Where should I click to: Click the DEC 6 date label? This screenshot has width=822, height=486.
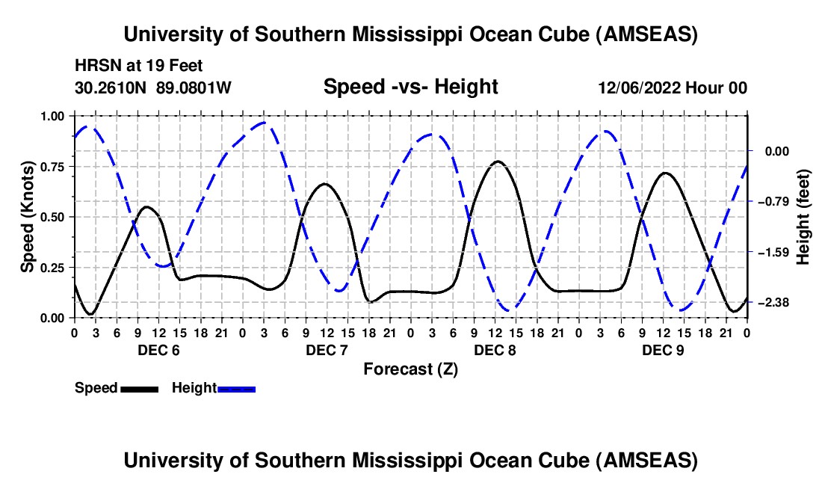(x=158, y=350)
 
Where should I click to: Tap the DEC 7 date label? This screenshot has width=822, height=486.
(x=326, y=350)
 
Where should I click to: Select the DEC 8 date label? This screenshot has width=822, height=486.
(x=494, y=350)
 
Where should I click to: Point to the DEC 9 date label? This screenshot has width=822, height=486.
(x=662, y=350)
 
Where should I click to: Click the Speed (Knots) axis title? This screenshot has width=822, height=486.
(x=28, y=217)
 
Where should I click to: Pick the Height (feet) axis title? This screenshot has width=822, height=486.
(x=803, y=217)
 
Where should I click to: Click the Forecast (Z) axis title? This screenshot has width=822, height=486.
(x=410, y=369)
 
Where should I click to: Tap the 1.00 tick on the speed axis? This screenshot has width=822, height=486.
(x=52, y=117)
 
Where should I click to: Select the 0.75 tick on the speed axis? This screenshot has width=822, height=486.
(x=52, y=167)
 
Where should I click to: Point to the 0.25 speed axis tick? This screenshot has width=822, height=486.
(x=52, y=268)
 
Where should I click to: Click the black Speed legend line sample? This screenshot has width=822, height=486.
(x=139, y=389)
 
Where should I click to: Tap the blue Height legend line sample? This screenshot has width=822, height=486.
(x=237, y=389)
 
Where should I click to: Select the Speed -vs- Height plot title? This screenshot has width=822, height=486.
(x=410, y=87)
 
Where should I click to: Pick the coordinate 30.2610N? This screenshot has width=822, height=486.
(x=111, y=88)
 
